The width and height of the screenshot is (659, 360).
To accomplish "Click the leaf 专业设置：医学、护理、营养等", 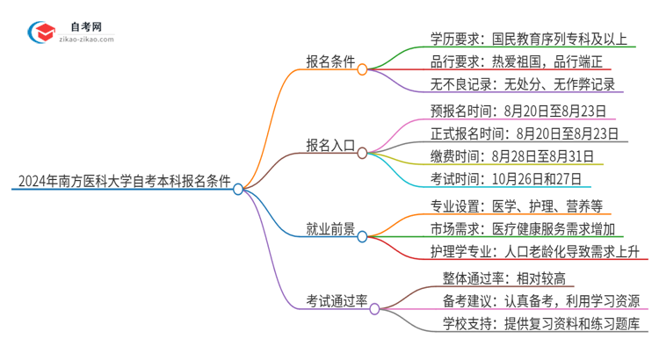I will (511, 206).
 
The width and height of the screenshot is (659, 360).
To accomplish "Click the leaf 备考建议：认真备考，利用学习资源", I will (541, 302).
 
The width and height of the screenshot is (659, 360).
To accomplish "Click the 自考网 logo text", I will (84, 26).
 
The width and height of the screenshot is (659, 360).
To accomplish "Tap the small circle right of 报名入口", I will (362, 152).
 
